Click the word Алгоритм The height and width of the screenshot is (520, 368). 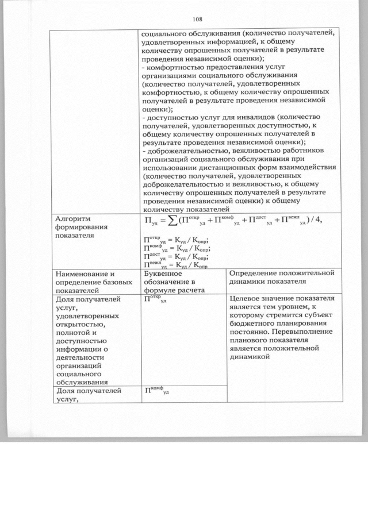pyautogui.click(x=74, y=218)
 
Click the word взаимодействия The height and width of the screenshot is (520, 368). pyautogui.click(x=302, y=167)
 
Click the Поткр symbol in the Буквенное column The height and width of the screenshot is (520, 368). pyautogui.click(x=155, y=299)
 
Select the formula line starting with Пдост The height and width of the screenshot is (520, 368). pyautogui.click(x=175, y=256)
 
